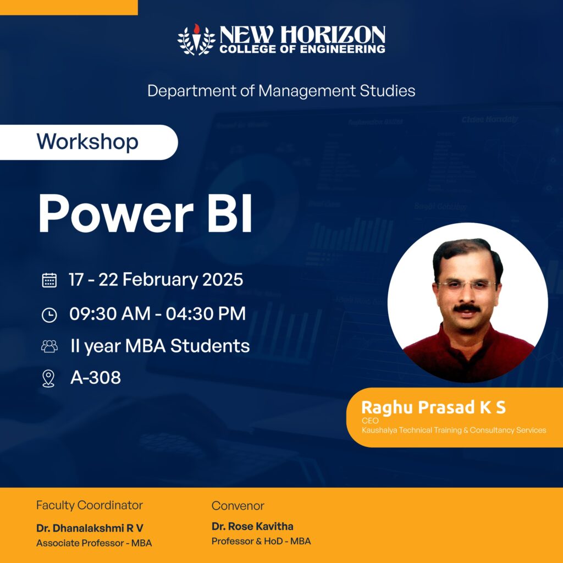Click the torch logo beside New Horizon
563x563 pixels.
[196, 40]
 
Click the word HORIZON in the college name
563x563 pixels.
[333, 35]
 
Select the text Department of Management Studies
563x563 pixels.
[281, 91]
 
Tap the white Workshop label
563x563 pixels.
[89, 142]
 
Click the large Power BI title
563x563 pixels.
[145, 213]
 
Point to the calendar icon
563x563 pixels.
[49, 280]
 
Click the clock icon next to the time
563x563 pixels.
[49, 315]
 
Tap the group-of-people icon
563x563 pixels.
[49, 346]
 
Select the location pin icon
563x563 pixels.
[48, 378]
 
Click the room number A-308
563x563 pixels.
[96, 377]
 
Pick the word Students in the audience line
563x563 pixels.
[209, 346]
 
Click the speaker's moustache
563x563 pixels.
[466, 308]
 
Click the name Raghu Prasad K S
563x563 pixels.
[433, 407]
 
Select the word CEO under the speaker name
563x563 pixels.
[370, 421]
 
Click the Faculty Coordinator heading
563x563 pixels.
[90, 506]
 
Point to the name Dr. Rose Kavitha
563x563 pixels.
[252, 526]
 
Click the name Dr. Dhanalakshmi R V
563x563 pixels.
[90, 528]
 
